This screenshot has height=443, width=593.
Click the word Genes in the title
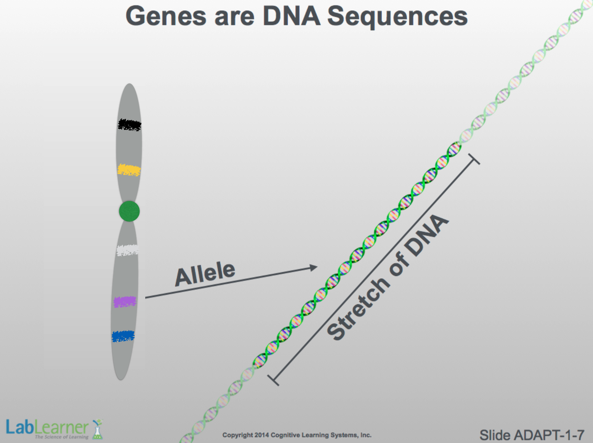166,16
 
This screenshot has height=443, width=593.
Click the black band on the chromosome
130,125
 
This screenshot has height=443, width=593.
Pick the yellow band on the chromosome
129,170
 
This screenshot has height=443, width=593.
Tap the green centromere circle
130,211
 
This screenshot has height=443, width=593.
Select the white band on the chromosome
128,250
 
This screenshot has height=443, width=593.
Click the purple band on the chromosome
125,302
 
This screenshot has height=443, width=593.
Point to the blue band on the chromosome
123,336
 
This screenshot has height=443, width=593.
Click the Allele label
205,274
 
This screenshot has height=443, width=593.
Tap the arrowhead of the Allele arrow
313,268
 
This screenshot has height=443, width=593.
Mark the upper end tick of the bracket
474,159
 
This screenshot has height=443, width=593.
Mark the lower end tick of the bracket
273,380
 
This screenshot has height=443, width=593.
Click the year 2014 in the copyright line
261,435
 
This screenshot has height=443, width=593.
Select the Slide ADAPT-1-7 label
532,435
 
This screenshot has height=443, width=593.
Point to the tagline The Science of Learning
62,437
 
